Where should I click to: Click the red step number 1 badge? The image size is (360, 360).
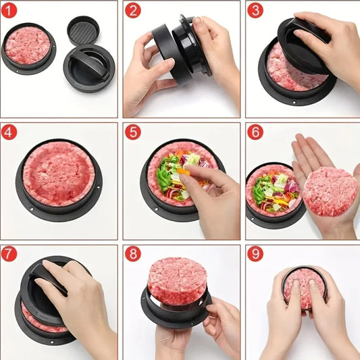10,11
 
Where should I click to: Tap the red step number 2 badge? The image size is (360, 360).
132,11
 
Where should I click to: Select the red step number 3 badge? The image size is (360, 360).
255,11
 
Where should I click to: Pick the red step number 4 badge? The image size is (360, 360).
10,132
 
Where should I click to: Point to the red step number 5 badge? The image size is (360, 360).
132,132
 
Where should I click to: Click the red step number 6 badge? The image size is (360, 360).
255,132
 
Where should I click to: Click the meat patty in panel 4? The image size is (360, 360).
59,174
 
